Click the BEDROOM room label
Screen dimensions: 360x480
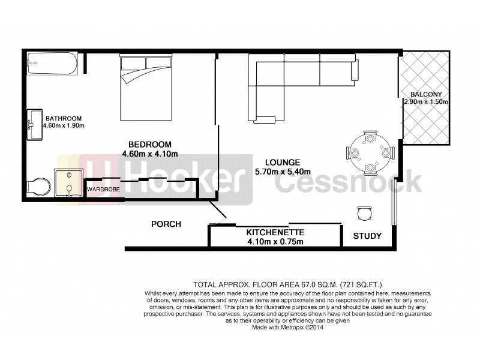pyautogui.click(x=150, y=144)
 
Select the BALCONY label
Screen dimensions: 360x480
pyautogui.click(x=425, y=94)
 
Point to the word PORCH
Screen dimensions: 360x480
pyautogui.click(x=166, y=224)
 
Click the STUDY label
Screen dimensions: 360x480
pyautogui.click(x=367, y=236)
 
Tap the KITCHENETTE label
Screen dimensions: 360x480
pyautogui.click(x=275, y=232)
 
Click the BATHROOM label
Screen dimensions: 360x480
pyautogui.click(x=62, y=118)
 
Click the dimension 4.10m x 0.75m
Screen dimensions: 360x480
pyautogui.click(x=275, y=242)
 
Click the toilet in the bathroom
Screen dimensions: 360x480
pyautogui.click(x=37, y=187)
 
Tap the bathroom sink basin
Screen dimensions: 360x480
pyautogui.click(x=34, y=125)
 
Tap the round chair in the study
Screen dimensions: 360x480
pyautogui.click(x=364, y=212)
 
